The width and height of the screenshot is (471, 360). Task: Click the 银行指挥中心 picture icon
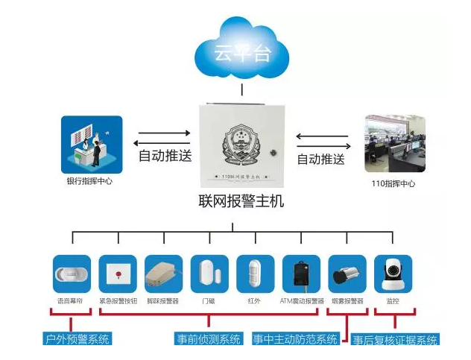tap(92, 144)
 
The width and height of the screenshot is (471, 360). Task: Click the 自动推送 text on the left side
tap(165, 157)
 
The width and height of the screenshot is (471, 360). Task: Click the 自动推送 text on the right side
tap(321, 159)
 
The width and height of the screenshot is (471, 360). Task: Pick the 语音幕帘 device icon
tap(72, 274)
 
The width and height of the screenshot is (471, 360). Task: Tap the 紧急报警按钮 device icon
tap(118, 274)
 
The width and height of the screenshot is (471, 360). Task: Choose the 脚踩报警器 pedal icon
tap(163, 274)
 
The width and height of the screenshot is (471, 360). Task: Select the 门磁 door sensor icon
tap(209, 274)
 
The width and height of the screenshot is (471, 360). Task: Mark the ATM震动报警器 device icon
tap(301, 274)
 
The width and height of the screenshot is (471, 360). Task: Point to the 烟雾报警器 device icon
tap(347, 274)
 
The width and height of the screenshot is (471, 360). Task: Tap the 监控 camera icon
tap(393, 274)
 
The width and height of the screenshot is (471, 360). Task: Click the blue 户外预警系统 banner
tap(77, 339)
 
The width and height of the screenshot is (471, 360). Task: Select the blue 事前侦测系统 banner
tap(209, 339)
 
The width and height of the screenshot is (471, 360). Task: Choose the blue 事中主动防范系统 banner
tap(295, 339)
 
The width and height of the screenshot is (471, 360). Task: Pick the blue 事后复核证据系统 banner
tap(395, 341)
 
